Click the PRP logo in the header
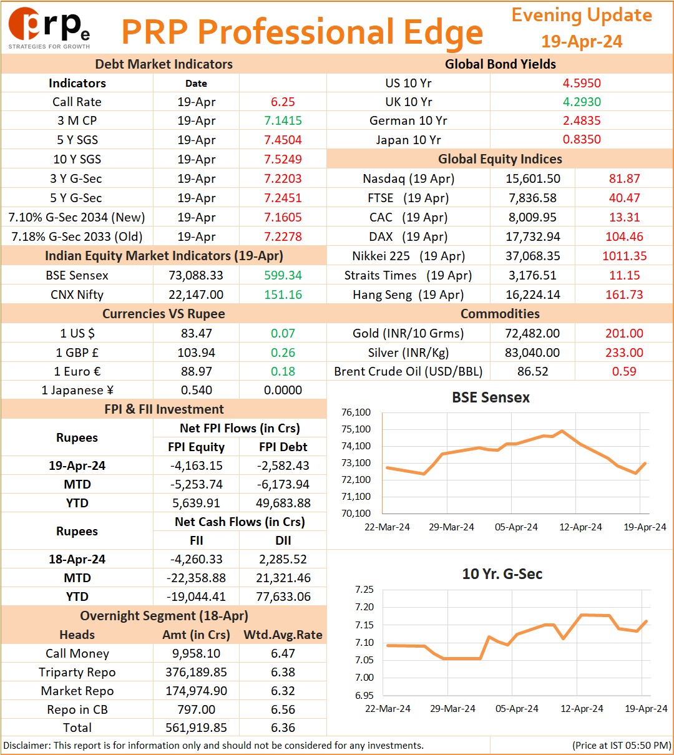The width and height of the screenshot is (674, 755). tap(49, 28)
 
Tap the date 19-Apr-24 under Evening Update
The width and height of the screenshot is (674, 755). tap(582, 41)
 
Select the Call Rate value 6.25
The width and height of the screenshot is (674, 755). tap(283, 102)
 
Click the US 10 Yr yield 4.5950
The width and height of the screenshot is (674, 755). tap(582, 83)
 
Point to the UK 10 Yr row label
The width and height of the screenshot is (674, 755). tap(409, 102)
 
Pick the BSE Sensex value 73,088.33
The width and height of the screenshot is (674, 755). tap(196, 275)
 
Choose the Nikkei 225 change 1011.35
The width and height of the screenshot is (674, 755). tap(624, 256)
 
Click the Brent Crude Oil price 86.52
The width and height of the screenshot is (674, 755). tap(532, 371)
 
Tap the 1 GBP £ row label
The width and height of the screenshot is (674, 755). tap(77, 353)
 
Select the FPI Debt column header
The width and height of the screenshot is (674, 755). tap(283, 447)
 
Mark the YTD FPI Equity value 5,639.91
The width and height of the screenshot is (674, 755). tap(196, 503)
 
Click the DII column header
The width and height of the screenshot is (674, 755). tap(283, 540)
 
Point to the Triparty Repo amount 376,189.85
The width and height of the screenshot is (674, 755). tap(196, 672)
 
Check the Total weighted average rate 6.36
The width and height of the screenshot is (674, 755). tap(283, 728)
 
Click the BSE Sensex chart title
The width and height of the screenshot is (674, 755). tap(491, 397)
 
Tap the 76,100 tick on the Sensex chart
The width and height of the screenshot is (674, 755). tap(356, 412)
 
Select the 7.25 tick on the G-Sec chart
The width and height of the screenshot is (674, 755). tap(364, 590)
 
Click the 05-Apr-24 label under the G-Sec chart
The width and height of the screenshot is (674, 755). tap(517, 708)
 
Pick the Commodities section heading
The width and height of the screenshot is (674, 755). tap(500, 314)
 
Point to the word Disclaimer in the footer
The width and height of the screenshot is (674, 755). tap(26, 746)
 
